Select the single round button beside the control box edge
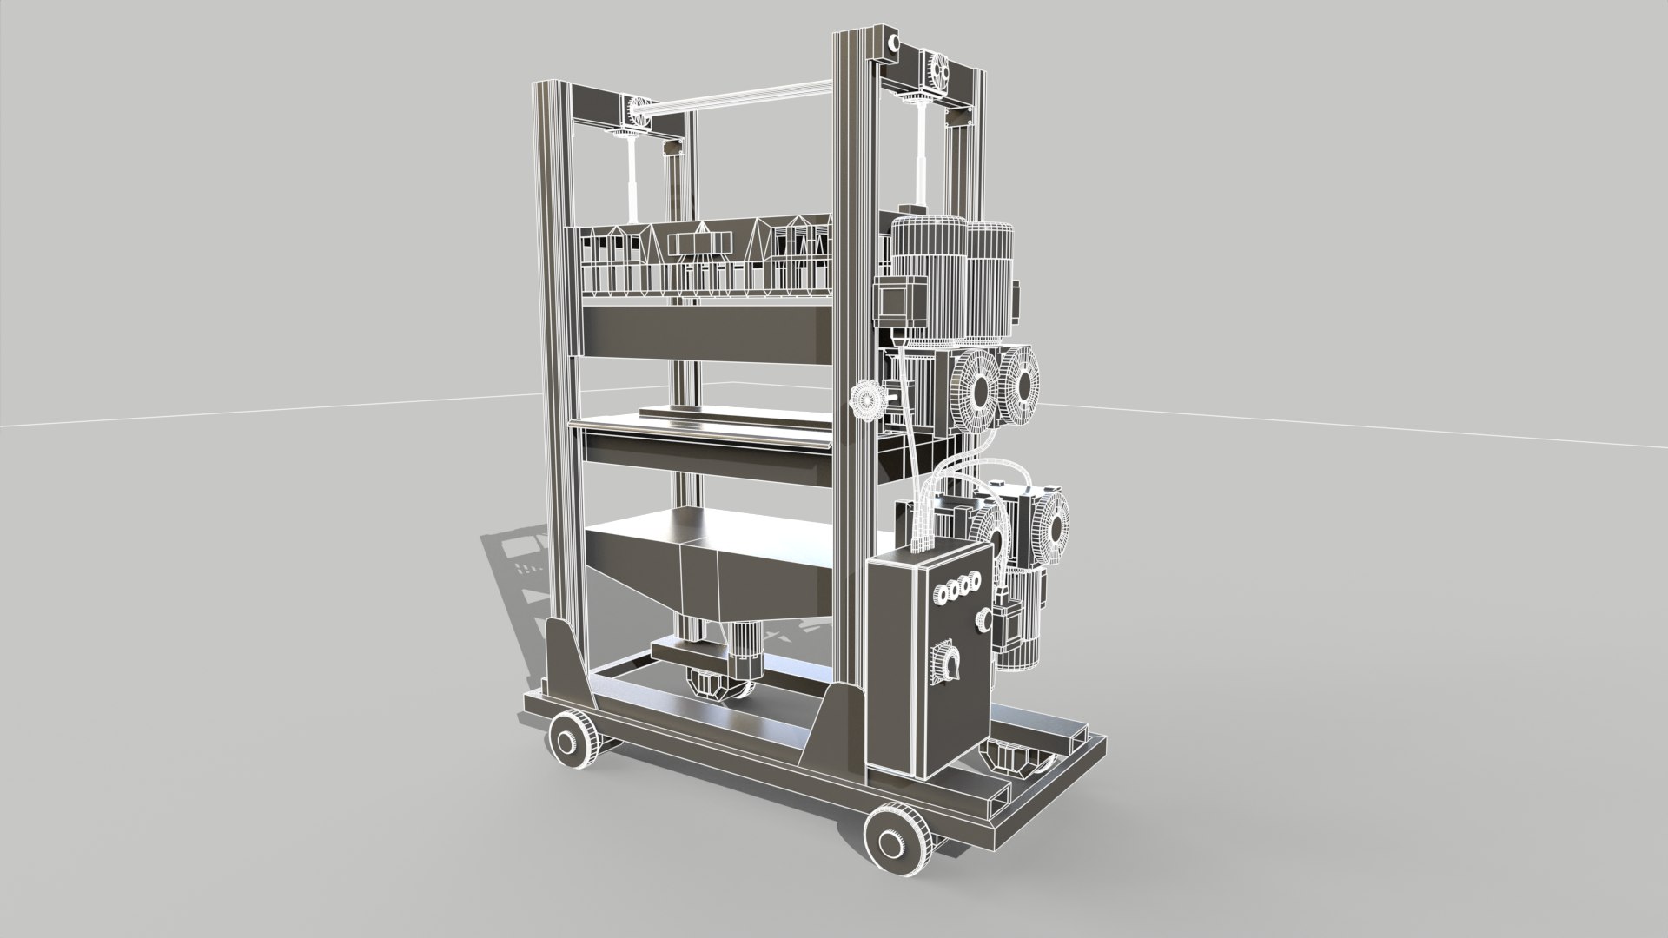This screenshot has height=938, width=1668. click(x=983, y=619)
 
